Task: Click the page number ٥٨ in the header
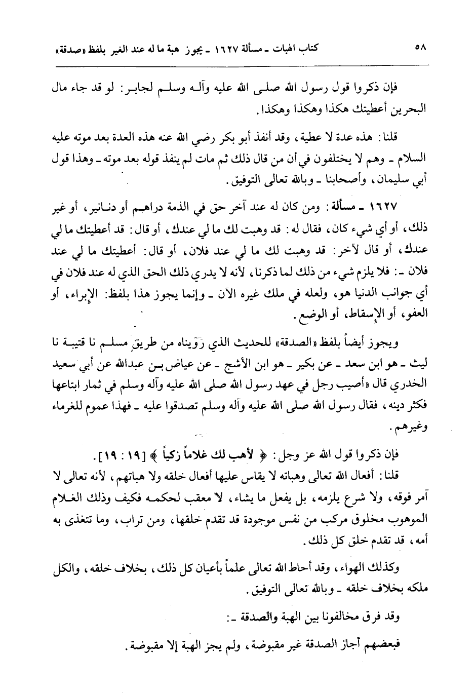pyautogui.click(x=419, y=49)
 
